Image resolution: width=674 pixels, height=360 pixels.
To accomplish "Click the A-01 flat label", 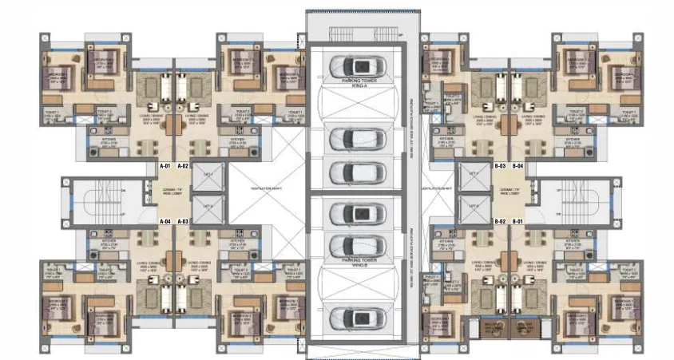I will tap(166, 166).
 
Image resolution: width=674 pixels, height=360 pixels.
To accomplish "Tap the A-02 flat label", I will tap(184, 166).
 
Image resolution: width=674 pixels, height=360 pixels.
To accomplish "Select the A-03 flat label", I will tap(184, 220).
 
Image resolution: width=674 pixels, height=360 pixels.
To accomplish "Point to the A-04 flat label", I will tap(166, 220).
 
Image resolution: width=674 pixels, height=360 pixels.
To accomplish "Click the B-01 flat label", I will tap(518, 220).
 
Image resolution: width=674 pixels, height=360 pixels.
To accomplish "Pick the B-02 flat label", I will tap(501, 220).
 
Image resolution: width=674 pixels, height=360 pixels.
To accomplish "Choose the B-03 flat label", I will tap(501, 166).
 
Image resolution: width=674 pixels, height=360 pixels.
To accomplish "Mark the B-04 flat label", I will tap(518, 166).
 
